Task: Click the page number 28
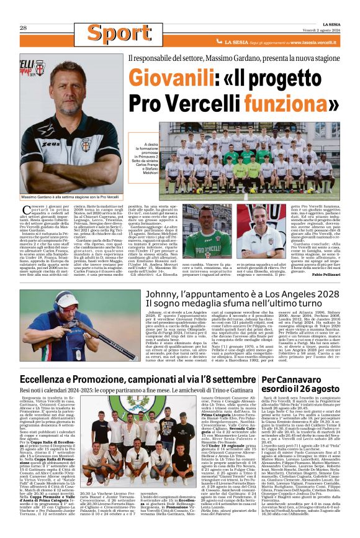click(23, 28)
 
